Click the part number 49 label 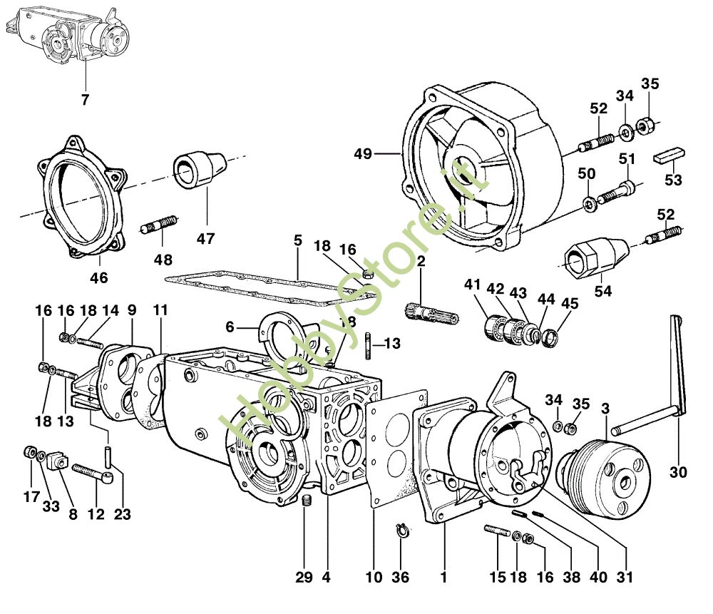[x=363, y=153]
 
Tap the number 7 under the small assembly [x=86, y=99]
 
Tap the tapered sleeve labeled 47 [x=198, y=168]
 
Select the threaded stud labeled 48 [x=160, y=227]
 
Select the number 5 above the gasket [x=297, y=242]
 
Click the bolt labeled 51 [x=617, y=192]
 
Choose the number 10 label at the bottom [x=374, y=577]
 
